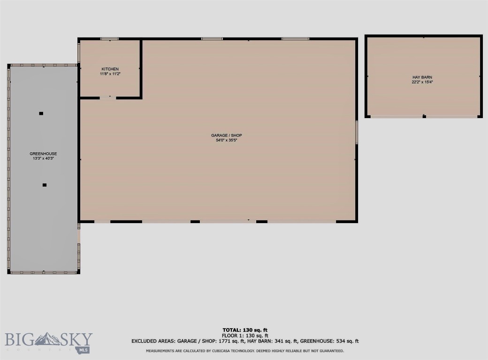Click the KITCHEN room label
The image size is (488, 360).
(x=110, y=69)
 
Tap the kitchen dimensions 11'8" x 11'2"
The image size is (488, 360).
(x=110, y=74)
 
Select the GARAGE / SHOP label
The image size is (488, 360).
(x=226, y=135)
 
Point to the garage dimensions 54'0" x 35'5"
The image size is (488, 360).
(x=226, y=140)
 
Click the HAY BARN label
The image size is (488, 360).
(x=422, y=77)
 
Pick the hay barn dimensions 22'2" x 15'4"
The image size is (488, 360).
(x=422, y=82)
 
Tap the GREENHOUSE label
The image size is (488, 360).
(x=43, y=154)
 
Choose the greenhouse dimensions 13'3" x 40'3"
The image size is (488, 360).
(x=43, y=158)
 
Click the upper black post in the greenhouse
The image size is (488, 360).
(x=41, y=113)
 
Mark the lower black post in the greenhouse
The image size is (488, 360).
(x=45, y=185)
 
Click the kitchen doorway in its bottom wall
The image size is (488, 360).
(x=108, y=97)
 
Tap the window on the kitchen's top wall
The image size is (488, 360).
(x=110, y=38)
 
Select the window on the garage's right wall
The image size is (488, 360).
(x=357, y=132)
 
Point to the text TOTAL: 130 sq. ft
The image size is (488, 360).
(x=245, y=330)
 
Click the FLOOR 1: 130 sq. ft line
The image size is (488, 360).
(x=245, y=336)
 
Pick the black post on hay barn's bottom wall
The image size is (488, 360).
(x=424, y=116)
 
